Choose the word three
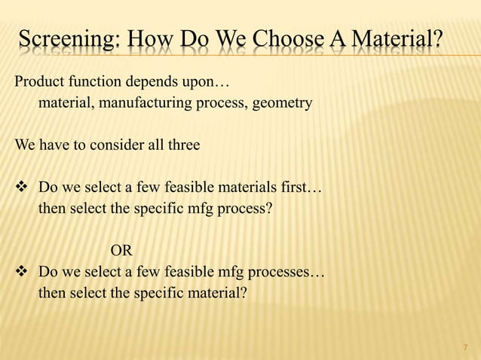pyautogui.click(x=184, y=145)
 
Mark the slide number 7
pyautogui.click(x=464, y=347)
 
